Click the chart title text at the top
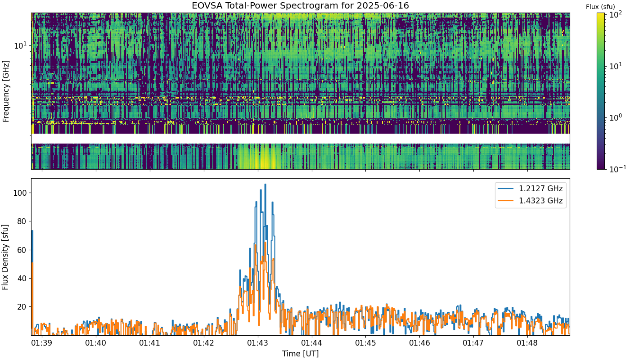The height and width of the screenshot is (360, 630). tap(300, 5)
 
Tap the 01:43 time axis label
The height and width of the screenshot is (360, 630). tap(258, 343)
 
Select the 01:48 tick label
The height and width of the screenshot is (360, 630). tap(527, 343)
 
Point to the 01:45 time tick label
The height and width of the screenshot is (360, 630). tap(365, 343)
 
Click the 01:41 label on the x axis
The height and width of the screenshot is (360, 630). tap(150, 343)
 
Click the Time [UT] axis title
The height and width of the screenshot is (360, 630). tap(301, 354)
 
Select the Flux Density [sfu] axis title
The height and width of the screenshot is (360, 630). tap(5, 257)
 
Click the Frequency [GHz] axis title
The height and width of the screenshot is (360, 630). tap(5, 91)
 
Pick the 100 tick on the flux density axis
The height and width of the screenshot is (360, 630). tap(20, 193)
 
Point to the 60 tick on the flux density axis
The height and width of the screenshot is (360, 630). tap(22, 250)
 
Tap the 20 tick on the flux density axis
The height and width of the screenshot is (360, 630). tap(22, 307)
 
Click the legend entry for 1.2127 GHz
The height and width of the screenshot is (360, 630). tap(531, 189)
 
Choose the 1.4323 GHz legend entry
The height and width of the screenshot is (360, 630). tap(531, 201)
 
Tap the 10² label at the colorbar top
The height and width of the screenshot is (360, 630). tap(616, 14)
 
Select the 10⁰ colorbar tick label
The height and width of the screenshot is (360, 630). tap(616, 117)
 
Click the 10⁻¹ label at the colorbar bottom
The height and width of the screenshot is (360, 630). tap(617, 168)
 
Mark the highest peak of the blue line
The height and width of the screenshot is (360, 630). tap(265, 184)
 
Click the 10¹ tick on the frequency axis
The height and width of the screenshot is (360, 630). tap(21, 45)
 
